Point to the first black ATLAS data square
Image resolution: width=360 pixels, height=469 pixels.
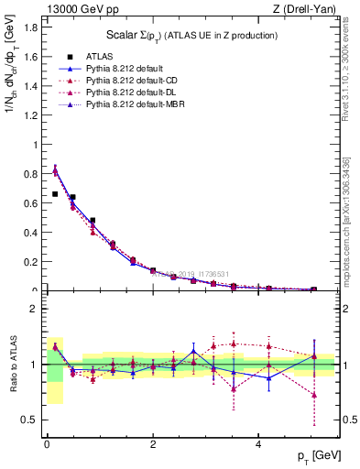coord(55,194)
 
